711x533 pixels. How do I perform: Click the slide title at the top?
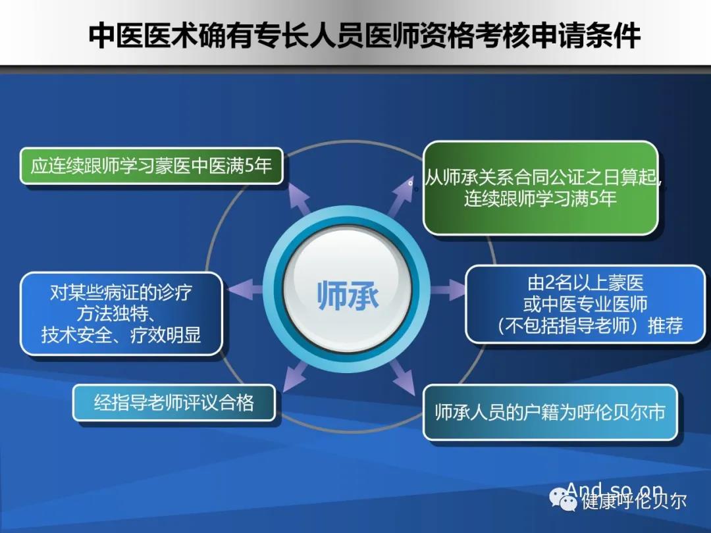coord(364,36)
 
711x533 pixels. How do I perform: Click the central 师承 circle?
coord(347,295)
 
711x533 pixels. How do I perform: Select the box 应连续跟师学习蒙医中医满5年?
coord(151,166)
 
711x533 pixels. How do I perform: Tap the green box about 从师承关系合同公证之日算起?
coord(540,188)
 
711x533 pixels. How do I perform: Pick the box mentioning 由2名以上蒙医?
coord(585,304)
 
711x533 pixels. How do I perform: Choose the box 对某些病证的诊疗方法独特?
coord(121,313)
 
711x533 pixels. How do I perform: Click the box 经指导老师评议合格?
coord(174,403)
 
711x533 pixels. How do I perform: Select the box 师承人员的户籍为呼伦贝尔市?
coord(550,413)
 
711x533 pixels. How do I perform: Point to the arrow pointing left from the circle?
coord(245,290)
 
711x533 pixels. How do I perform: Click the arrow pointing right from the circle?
coord(448,290)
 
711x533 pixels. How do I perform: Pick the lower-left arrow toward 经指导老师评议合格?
coord(295,377)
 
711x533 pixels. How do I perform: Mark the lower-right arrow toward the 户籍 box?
coord(402,377)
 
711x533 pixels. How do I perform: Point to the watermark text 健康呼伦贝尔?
coord(634,500)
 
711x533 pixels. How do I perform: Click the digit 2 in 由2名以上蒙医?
coord(550,283)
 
